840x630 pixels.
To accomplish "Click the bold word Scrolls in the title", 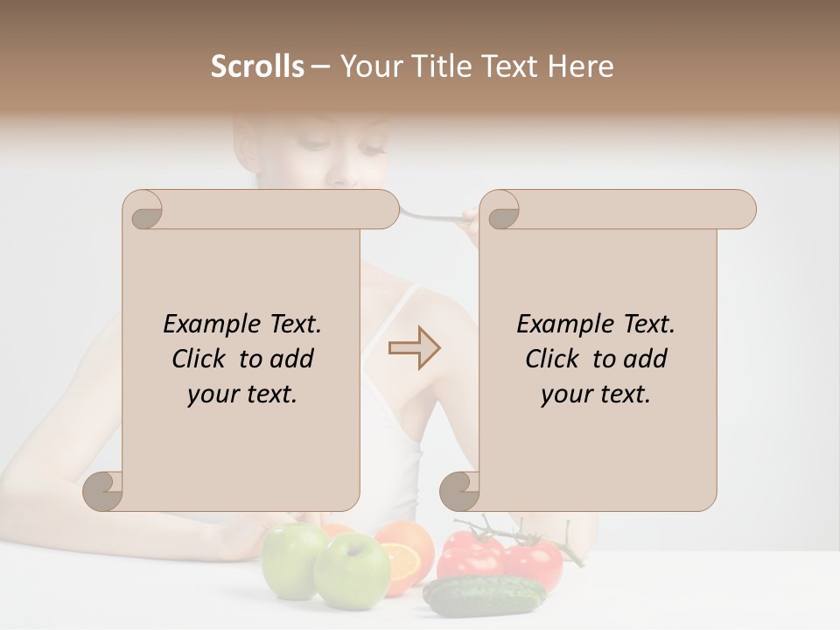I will [x=258, y=66].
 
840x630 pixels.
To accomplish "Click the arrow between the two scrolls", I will [x=415, y=348].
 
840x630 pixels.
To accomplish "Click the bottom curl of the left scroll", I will [x=103, y=490].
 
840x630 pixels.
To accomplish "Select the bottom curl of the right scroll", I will [x=460, y=490].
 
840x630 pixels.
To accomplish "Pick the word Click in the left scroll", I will [x=201, y=360].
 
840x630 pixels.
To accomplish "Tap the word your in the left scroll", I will [x=214, y=395].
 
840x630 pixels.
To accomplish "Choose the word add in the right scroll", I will [x=645, y=360].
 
